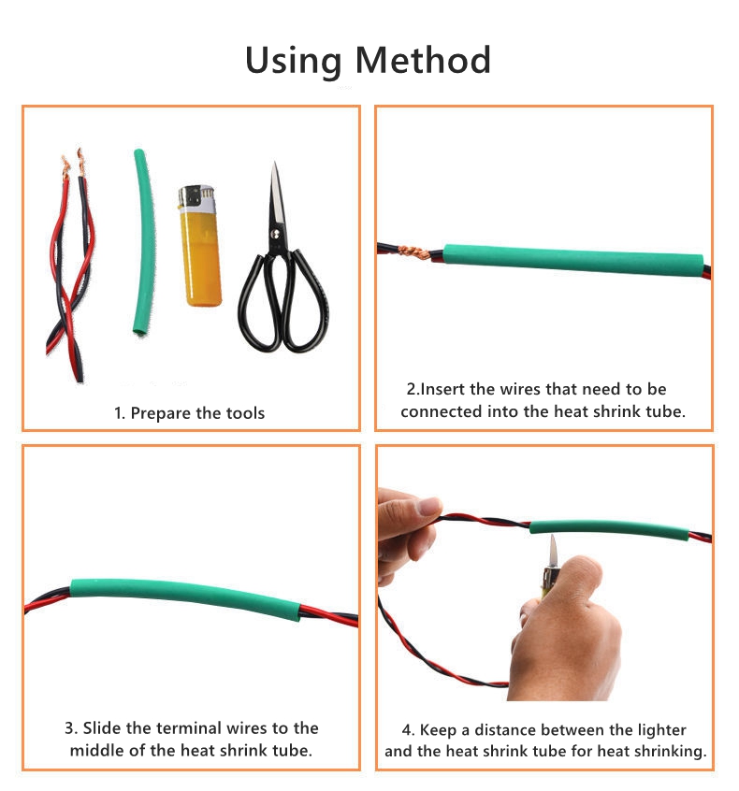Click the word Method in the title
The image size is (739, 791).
[x=423, y=60]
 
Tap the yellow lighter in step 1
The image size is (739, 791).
[x=200, y=246]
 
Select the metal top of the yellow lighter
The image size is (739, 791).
[x=196, y=197]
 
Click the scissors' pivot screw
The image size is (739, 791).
[x=275, y=234]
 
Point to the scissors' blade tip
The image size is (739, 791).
[x=275, y=163]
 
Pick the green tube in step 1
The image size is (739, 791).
[x=144, y=242]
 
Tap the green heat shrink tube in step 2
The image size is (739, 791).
[x=572, y=260]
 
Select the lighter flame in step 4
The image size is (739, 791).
[x=553, y=551]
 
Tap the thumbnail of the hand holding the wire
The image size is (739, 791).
[x=429, y=506]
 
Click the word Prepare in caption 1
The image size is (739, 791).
[x=161, y=413]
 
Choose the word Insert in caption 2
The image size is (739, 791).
[x=442, y=389]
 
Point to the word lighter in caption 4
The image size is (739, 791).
[x=661, y=730]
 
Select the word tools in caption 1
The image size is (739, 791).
[x=245, y=413]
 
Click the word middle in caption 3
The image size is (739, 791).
[x=97, y=750]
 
